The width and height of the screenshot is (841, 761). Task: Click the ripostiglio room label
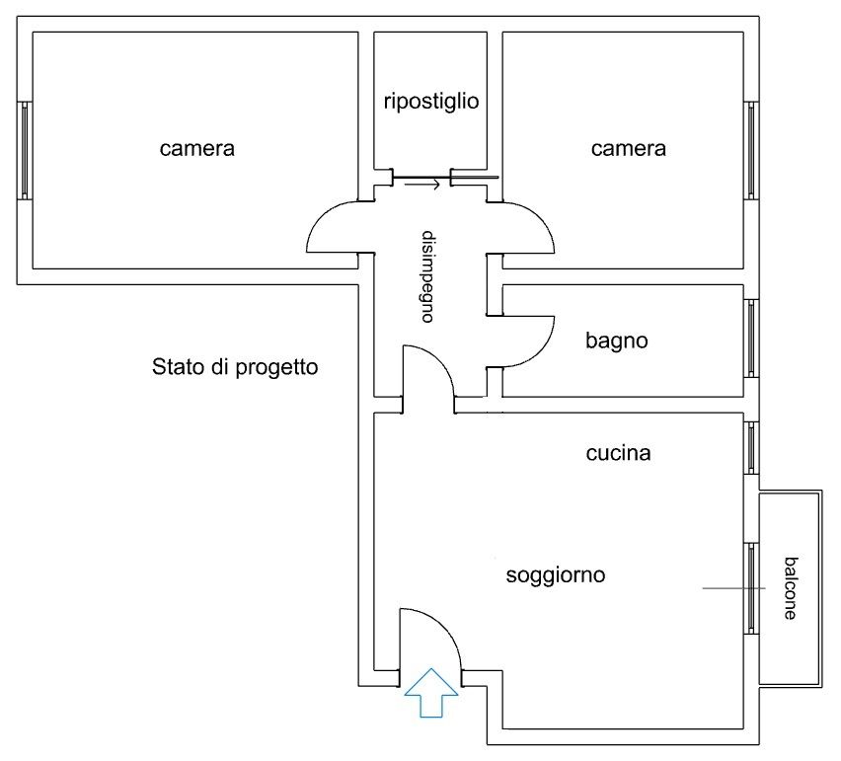pos(431,102)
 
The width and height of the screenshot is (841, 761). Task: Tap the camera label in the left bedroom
pos(196,149)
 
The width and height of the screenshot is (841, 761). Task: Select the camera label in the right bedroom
pos(629,149)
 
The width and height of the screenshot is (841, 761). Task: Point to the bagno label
pos(617,342)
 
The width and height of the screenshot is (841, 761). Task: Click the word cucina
pos(619,453)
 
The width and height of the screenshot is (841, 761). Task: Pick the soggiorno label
pos(556,575)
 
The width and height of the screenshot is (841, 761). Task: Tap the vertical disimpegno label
pos(427,276)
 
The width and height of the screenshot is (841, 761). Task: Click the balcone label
pos(791,588)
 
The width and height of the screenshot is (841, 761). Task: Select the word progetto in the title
pos(276,368)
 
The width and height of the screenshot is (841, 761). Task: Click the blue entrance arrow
pos(431,692)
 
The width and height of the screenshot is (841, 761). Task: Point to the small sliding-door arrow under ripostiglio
pos(422,185)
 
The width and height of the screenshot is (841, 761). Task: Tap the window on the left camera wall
pos(24,151)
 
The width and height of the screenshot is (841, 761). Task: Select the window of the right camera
pos(751,151)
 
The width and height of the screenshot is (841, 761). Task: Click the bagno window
pos(751,338)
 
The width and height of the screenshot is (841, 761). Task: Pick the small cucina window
pos(751,448)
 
